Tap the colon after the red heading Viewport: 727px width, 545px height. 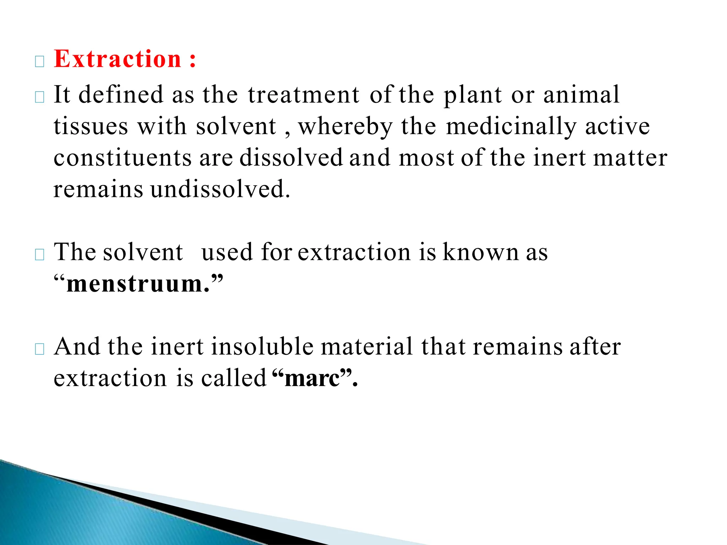click(x=193, y=60)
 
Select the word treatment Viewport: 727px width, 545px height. click(x=304, y=95)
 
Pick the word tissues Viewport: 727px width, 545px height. click(x=91, y=126)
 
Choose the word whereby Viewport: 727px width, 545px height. click(x=345, y=127)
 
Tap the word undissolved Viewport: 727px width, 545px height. click(x=220, y=189)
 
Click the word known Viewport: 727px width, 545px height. click(x=481, y=252)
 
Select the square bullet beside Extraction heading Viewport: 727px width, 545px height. click(x=40, y=62)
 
